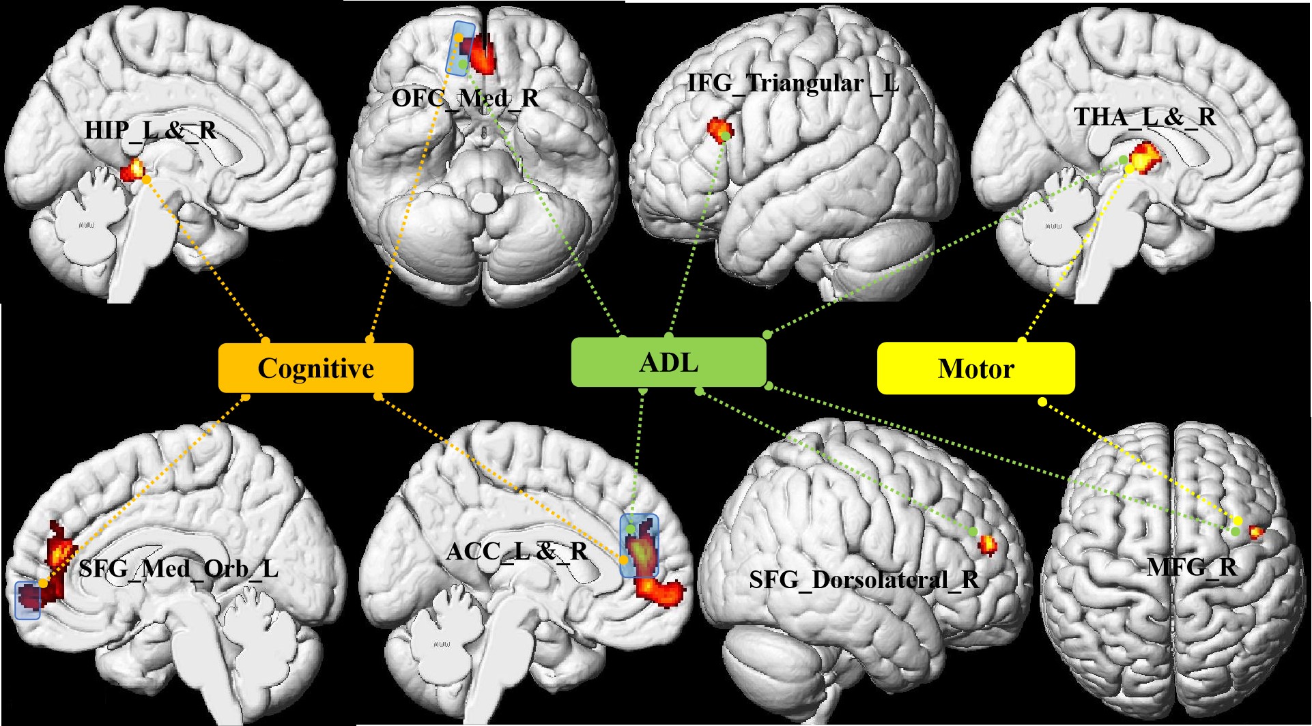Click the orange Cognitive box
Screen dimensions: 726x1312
[315, 368]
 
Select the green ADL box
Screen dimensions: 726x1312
[668, 362]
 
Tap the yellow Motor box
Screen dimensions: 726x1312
[975, 368]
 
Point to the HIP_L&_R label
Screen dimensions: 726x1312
[151, 130]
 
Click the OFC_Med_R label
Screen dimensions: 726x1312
[466, 98]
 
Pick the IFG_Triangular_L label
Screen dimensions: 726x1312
[793, 83]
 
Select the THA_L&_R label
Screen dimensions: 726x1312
[1145, 117]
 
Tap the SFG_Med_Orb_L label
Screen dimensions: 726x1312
[178, 568]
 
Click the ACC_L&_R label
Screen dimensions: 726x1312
[517, 551]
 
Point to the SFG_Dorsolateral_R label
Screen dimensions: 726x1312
[864, 579]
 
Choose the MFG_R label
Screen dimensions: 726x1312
[1191, 566]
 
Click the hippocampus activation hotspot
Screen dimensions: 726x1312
[134, 169]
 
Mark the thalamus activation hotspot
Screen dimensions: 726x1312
[1145, 158]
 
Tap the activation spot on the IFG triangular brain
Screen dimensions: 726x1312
[719, 128]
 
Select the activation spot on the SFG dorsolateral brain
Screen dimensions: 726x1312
[987, 544]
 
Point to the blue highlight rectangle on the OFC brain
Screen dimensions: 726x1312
[459, 47]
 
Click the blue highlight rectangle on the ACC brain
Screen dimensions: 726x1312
[639, 545]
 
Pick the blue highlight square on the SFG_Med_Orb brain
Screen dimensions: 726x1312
[28, 600]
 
